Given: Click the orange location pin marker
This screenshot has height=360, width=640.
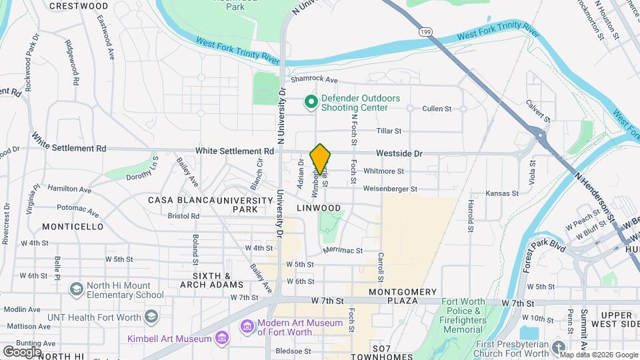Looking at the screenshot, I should pyautogui.click(x=321, y=159).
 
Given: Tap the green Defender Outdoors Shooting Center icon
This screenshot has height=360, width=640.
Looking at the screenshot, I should pyautogui.click(x=311, y=102).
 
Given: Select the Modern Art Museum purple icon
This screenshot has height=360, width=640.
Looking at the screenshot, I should pyautogui.click(x=247, y=327).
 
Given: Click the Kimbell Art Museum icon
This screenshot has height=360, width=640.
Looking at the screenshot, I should pyautogui.click(x=221, y=339).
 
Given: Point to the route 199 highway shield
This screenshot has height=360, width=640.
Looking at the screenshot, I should pyautogui.click(x=425, y=32).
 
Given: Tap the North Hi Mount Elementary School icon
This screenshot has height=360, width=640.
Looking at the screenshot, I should pyautogui.click(x=76, y=289).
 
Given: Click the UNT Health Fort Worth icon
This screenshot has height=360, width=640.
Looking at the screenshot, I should pyautogui.click(x=152, y=316).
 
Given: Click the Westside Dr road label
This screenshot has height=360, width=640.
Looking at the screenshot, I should pyautogui.click(x=399, y=153).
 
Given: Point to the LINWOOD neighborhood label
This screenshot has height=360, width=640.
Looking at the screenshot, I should pyautogui.click(x=319, y=208).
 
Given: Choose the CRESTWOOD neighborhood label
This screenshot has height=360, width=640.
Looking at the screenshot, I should pyautogui.click(x=79, y=6).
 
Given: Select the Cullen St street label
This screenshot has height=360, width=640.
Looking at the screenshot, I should pyautogui.click(x=437, y=108).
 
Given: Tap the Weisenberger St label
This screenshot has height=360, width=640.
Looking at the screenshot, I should pyautogui.click(x=390, y=189).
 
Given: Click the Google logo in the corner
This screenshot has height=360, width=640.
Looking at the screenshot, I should pyautogui.click(x=22, y=351).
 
